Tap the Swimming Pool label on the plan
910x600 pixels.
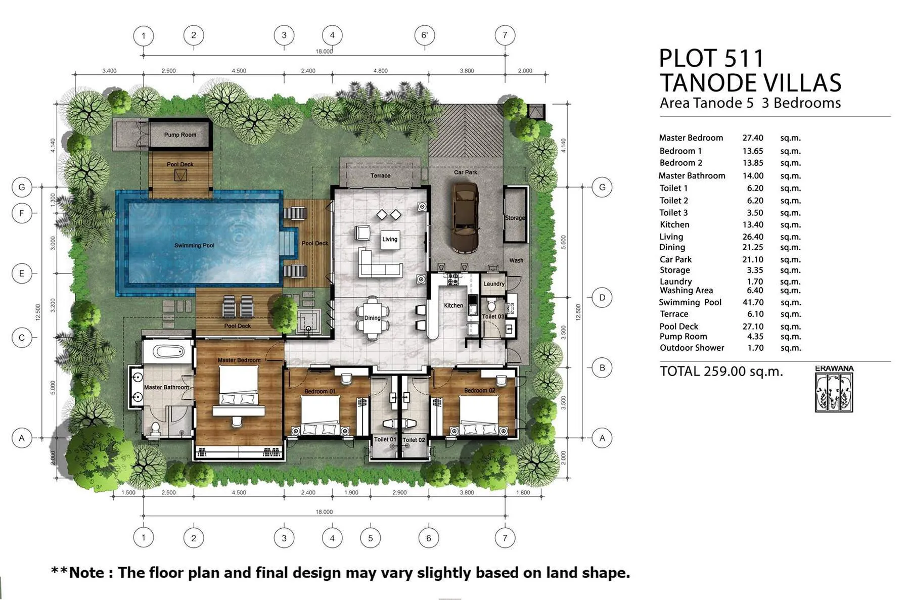pos(194,245)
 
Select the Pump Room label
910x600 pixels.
pos(180,135)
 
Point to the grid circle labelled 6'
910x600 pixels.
pos(425,35)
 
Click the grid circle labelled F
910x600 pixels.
pos(22,213)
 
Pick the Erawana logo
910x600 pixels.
pos(834,389)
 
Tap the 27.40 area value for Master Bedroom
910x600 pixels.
pos(753,138)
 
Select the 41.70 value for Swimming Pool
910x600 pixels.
pos(753,302)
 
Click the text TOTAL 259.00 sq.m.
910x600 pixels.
pos(721,372)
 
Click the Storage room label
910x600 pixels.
pos(515,218)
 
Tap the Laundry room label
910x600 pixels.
pos(494,284)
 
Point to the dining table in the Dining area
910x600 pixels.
pos(373,317)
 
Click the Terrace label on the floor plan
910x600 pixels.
pos(380,175)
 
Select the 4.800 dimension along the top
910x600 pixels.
pos(380,71)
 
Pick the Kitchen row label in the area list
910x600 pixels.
pos(674,224)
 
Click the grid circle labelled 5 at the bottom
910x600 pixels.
pos(371,538)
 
